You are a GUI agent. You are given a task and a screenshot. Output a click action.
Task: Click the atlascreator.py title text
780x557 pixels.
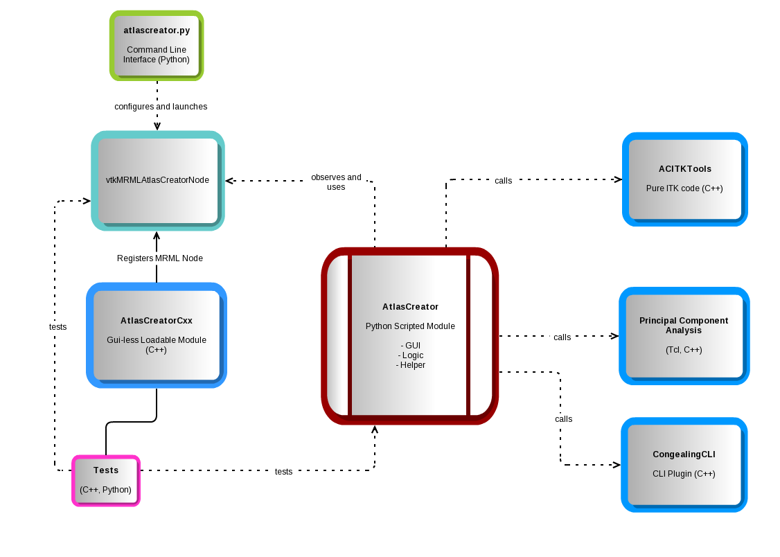click(157, 31)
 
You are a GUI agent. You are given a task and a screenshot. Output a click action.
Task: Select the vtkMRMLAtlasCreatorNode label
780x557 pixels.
click(158, 180)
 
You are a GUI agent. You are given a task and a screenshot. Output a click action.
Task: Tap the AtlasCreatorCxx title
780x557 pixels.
click(157, 321)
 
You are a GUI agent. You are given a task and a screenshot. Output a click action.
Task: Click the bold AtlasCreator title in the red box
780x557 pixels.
click(410, 306)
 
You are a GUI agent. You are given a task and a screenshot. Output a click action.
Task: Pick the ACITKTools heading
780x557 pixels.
click(684, 169)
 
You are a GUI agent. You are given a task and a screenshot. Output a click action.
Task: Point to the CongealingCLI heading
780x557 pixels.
click(684, 455)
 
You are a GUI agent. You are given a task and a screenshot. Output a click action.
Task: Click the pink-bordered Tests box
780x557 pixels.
click(106, 479)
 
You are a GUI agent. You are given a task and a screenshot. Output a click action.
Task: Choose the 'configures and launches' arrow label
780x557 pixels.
click(161, 107)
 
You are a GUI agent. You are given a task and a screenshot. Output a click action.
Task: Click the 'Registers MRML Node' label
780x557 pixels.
click(160, 258)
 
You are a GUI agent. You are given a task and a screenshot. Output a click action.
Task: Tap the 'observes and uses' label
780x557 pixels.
click(336, 182)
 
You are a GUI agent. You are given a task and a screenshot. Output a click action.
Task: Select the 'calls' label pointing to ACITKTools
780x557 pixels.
click(504, 181)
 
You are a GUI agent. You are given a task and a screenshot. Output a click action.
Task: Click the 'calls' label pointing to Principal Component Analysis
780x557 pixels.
click(562, 337)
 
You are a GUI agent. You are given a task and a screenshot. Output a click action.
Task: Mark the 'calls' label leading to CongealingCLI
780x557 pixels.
click(564, 419)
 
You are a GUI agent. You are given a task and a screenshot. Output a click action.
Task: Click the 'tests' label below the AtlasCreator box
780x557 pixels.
click(283, 472)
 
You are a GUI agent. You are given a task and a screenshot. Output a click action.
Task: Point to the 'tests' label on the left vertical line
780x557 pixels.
click(58, 327)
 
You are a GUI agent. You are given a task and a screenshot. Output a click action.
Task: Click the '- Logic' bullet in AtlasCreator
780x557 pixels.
click(410, 355)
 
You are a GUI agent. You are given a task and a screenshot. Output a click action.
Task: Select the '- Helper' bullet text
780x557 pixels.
click(410, 365)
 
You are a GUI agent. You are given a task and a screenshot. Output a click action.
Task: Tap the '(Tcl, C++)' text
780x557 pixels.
click(683, 350)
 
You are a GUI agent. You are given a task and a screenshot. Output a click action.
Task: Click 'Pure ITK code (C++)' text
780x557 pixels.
click(684, 188)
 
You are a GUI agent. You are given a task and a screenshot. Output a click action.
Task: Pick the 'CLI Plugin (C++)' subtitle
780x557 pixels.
click(684, 475)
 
